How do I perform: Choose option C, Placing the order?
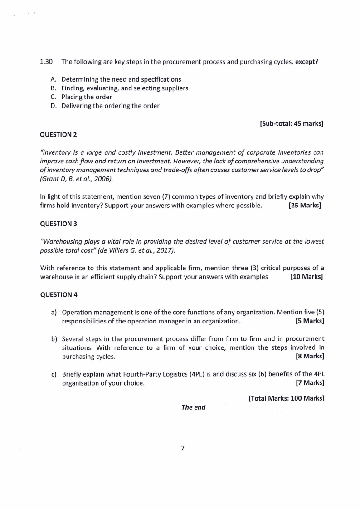click(87, 97)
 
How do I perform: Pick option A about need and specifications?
click(121, 79)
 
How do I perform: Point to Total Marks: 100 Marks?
click(286, 398)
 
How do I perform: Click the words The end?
click(193, 407)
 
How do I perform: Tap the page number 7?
click(182, 449)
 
